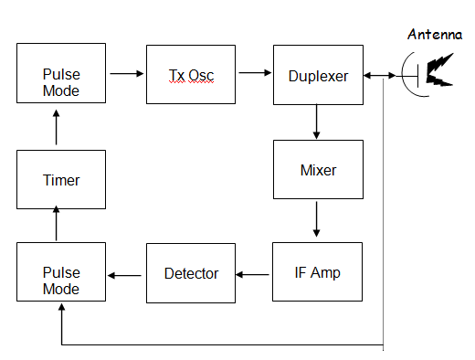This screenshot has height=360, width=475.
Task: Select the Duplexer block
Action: (x=318, y=75)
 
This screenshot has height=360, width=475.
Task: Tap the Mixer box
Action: (x=318, y=170)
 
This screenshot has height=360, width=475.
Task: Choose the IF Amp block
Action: (x=318, y=272)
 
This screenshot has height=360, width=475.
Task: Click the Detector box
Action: (x=190, y=272)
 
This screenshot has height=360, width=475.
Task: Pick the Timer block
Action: (x=61, y=180)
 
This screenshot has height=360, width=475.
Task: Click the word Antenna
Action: (x=434, y=36)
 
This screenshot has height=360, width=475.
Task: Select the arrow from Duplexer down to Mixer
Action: (x=318, y=121)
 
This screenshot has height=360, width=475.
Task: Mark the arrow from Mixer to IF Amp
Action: (x=318, y=220)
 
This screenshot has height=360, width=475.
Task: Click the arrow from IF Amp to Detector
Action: (x=254, y=273)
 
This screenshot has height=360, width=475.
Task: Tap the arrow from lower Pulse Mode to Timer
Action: (x=57, y=225)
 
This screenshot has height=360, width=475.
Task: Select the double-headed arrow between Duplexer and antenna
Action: (x=380, y=75)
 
